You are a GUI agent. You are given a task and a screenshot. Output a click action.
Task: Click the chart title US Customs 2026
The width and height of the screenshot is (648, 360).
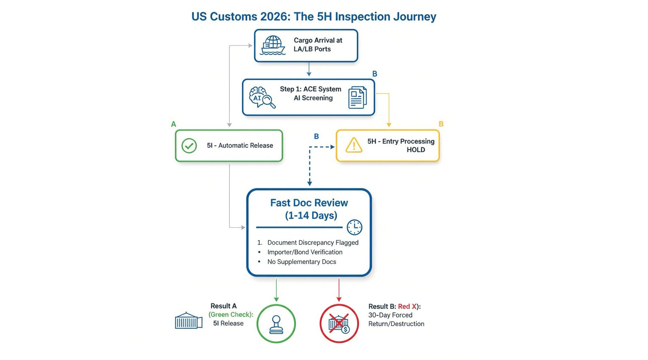(x=313, y=17)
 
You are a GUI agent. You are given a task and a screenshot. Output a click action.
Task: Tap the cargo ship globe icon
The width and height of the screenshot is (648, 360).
(x=273, y=45)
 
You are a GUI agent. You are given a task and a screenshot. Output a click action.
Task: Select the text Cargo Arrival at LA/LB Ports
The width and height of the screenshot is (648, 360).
(x=318, y=45)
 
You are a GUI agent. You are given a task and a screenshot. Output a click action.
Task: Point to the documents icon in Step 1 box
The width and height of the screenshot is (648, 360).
(x=357, y=97)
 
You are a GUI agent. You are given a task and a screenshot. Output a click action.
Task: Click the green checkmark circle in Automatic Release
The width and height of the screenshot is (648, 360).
(x=189, y=146)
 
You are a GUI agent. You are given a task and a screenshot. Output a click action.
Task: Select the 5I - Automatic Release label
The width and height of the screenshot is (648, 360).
(x=240, y=146)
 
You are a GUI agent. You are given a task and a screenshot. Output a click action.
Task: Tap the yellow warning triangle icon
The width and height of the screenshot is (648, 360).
(x=354, y=145)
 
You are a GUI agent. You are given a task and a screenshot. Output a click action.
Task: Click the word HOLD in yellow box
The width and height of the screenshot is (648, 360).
(x=416, y=150)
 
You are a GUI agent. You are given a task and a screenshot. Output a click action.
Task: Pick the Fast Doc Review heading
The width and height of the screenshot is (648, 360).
(x=309, y=203)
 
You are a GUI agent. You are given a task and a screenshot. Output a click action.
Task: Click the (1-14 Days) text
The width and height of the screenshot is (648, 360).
(x=311, y=215)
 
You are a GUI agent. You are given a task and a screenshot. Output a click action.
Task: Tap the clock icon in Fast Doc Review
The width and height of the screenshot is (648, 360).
(x=354, y=227)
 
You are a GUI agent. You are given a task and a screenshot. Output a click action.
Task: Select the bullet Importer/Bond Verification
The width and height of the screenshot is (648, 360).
(x=305, y=252)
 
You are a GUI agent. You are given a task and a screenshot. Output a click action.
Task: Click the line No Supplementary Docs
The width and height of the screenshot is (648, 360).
(x=301, y=262)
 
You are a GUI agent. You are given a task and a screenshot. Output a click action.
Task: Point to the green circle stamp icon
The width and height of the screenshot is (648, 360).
(x=276, y=324)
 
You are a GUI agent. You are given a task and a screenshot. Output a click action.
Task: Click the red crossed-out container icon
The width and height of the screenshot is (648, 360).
(x=339, y=324)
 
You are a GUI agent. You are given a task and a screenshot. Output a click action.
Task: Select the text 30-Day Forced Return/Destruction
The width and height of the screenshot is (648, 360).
(x=396, y=320)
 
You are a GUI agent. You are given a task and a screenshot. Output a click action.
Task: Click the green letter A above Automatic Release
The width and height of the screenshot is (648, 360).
(x=174, y=124)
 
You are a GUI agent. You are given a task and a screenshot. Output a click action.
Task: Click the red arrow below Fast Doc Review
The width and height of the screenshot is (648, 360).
(x=339, y=290)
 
